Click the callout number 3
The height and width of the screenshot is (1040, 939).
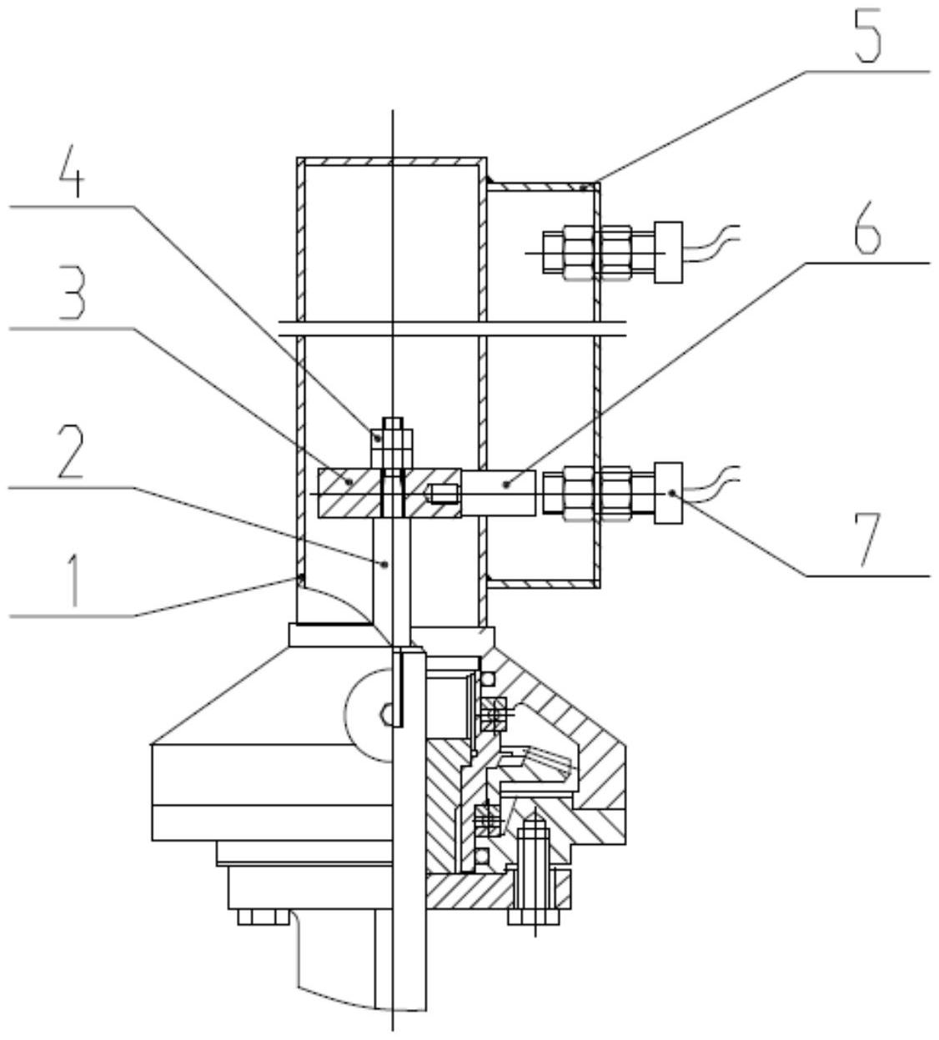coord(72,293)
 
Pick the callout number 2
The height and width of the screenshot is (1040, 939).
coord(71,451)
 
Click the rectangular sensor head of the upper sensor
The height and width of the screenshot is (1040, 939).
coord(668,253)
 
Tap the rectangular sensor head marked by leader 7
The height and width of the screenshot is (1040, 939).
coord(668,493)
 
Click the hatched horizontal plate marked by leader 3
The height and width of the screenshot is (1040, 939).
coord(389,493)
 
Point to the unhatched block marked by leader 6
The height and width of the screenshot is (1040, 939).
coord(499,493)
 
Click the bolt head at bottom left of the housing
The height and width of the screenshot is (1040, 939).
coord(264,917)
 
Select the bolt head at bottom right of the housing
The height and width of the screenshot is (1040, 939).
coord(534,917)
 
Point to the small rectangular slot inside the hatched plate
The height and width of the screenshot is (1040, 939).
coord(443,493)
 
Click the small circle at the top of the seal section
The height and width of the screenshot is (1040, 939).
coord(487,677)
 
